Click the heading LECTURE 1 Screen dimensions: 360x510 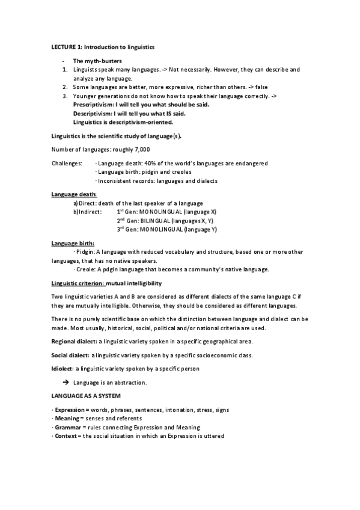coord(65,46)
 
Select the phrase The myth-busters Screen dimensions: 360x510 coord(97,61)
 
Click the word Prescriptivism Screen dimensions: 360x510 coord(93,104)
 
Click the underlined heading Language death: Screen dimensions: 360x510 coord(70,194)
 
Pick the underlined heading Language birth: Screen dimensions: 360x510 coord(69,243)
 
